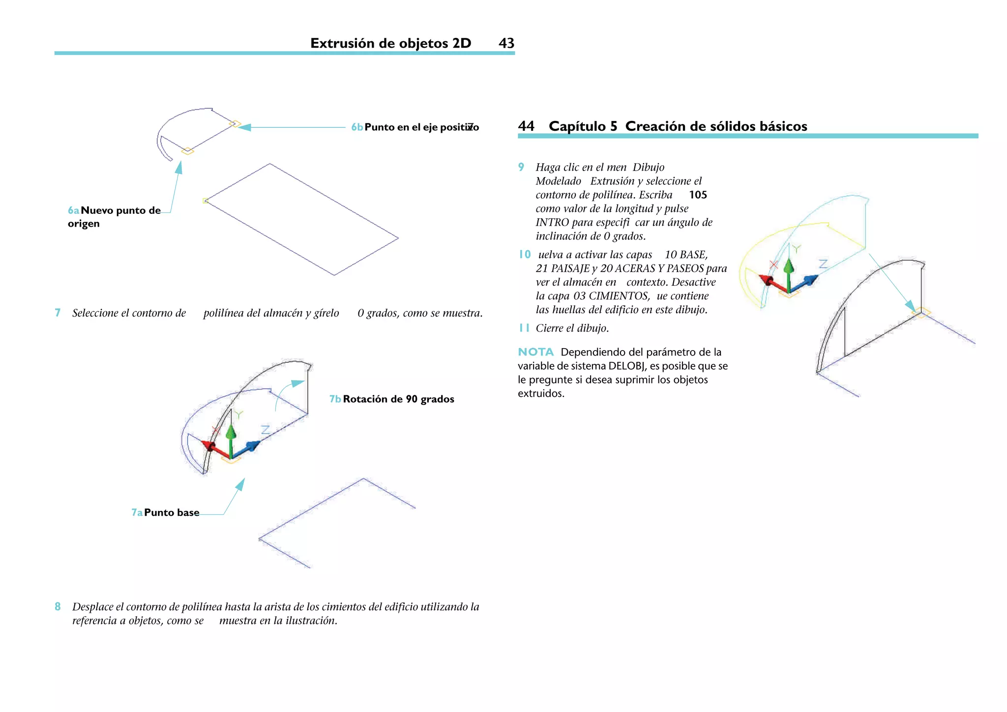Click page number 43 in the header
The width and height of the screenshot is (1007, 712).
506,43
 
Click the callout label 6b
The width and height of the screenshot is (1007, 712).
357,127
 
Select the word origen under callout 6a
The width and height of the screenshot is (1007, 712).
84,224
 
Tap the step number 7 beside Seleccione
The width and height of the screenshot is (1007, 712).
58,313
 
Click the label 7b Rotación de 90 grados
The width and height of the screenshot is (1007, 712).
392,399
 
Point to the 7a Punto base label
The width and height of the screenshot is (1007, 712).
166,513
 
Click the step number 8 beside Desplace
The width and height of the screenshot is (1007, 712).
58,607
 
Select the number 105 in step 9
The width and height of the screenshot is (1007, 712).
698,195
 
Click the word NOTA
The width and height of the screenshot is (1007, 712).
535,352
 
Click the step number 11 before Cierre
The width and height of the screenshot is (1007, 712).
524,328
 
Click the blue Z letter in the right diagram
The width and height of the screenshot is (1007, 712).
824,264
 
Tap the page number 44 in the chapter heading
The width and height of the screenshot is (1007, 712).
526,126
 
